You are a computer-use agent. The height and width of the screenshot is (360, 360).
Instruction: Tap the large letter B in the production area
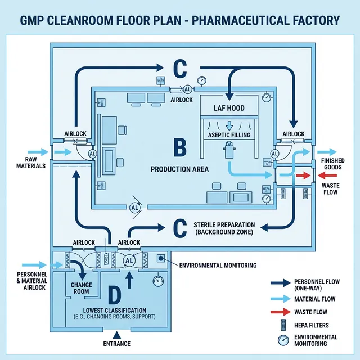tap(179, 148)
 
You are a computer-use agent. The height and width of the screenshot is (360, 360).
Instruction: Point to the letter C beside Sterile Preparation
tap(179, 228)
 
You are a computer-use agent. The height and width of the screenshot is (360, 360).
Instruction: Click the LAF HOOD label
tap(229, 107)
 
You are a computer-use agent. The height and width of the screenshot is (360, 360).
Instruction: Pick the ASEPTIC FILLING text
tap(229, 136)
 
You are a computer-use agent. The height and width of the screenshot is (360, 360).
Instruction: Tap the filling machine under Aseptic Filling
tap(229, 151)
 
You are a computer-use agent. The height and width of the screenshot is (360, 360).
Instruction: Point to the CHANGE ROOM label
tap(81, 288)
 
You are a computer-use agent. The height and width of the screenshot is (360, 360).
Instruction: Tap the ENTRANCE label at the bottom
tap(117, 344)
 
